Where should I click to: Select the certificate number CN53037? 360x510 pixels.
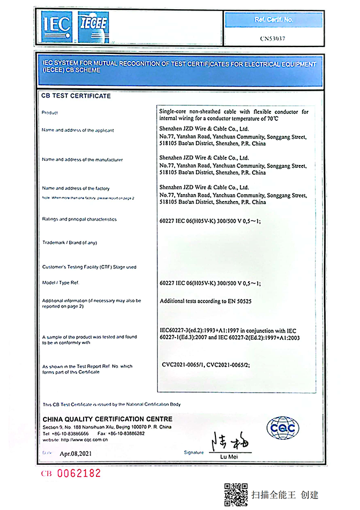(272, 38)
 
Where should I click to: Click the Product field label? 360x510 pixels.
(51, 112)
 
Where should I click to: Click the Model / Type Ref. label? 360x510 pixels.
(60, 283)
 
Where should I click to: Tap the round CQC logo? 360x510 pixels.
(283, 428)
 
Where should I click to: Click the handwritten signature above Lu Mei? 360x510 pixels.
(231, 443)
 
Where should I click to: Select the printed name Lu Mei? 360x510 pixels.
(231, 457)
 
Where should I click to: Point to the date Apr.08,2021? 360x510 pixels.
(76, 453)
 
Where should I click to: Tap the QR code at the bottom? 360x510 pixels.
(236, 493)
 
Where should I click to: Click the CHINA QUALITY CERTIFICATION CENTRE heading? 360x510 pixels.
(107, 419)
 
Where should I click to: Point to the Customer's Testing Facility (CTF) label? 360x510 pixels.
(89, 267)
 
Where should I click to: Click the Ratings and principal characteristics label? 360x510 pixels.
(80, 220)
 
